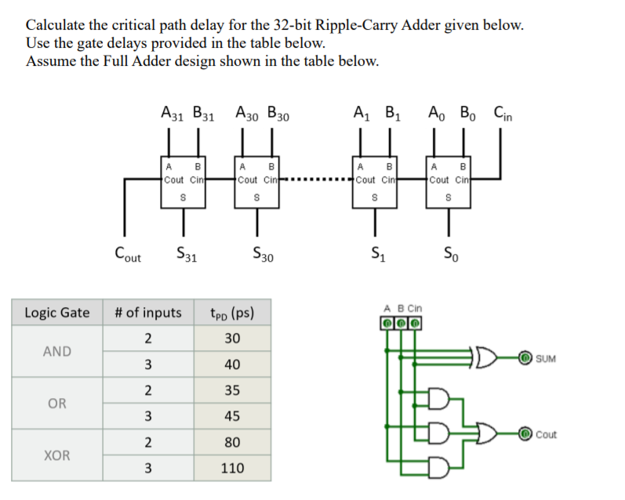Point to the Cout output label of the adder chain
click(128, 254)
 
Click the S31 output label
click(185, 254)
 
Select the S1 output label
click(376, 254)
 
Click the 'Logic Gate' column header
click(57, 313)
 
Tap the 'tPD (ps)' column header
click(232, 313)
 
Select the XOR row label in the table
click(57, 455)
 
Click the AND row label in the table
click(57, 351)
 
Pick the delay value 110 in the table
click(232, 468)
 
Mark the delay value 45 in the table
click(232, 416)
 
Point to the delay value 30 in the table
click(232, 339)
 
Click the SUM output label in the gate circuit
click(546, 359)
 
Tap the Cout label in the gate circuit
click(546, 434)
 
